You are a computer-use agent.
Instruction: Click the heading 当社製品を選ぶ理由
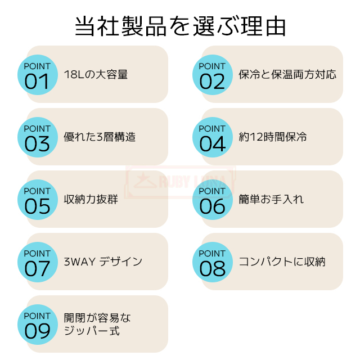(x=180, y=26)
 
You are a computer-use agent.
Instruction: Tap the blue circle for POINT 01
(x=38, y=75)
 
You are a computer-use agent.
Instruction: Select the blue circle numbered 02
(x=213, y=75)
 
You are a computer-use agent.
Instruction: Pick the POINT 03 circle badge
(x=38, y=137)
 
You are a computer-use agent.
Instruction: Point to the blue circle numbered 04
(x=213, y=137)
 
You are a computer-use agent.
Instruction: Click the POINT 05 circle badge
(x=38, y=200)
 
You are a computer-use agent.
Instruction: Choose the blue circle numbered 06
(x=213, y=200)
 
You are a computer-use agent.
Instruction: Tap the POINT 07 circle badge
(x=38, y=262)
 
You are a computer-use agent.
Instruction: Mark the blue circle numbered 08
(x=213, y=262)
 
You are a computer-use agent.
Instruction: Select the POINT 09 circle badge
(x=38, y=325)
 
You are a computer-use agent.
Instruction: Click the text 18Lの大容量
(x=96, y=75)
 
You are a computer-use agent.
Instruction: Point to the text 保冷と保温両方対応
(x=287, y=75)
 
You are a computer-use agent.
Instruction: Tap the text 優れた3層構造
(x=100, y=137)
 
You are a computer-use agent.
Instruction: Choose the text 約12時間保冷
(x=273, y=137)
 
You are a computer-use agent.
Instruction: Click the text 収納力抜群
(x=91, y=199)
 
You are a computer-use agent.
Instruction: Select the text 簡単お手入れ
(x=271, y=199)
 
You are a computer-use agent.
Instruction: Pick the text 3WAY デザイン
(x=103, y=262)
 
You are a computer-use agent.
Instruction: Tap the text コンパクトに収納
(x=282, y=262)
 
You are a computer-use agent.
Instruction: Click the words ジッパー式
(x=92, y=331)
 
